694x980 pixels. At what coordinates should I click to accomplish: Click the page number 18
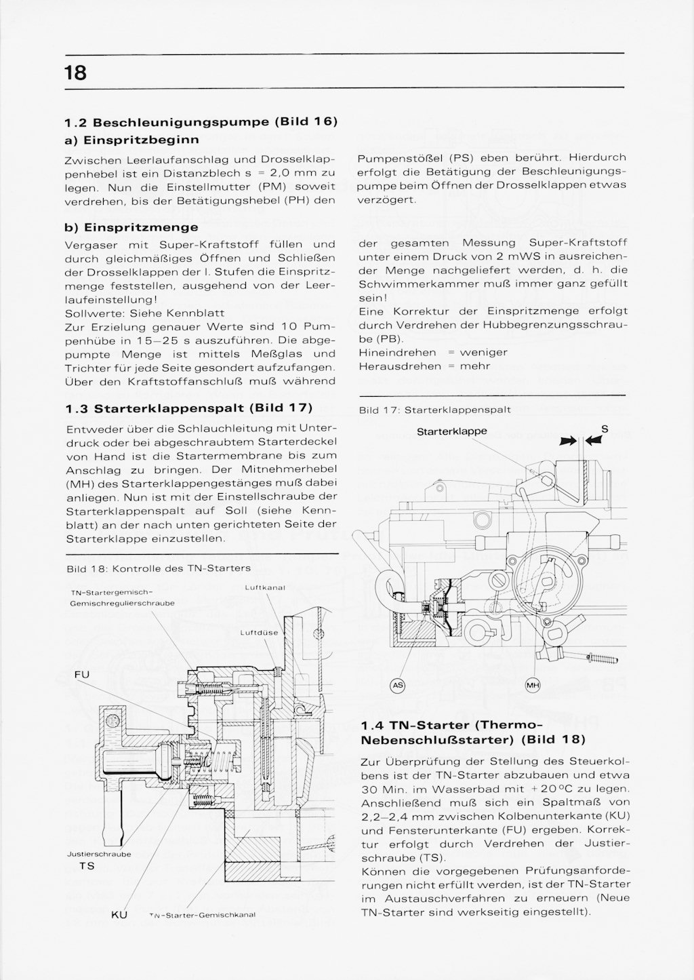tap(76, 71)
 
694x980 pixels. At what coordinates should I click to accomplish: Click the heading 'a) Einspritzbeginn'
tap(131, 140)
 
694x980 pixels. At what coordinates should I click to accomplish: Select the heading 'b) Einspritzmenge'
tap(131, 227)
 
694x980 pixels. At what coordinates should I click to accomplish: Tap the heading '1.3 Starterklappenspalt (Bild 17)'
tap(189, 408)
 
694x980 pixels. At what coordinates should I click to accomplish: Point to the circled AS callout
tap(399, 686)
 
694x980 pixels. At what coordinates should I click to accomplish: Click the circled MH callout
tap(532, 686)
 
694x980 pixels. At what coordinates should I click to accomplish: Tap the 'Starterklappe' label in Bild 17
tap(451, 431)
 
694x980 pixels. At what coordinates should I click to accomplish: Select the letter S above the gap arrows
tap(605, 428)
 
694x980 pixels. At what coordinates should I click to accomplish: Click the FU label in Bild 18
tap(81, 674)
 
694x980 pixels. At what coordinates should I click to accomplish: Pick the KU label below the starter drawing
tap(119, 915)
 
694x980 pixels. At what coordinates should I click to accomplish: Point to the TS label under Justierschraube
tap(87, 866)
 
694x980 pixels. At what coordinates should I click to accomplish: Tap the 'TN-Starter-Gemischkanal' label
tap(201, 915)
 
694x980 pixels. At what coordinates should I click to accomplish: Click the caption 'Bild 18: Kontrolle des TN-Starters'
tap(158, 568)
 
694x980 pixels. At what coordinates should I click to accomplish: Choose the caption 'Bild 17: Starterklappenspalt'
tap(434, 410)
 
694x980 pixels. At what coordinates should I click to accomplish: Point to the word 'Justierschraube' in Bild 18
tap(99, 855)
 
